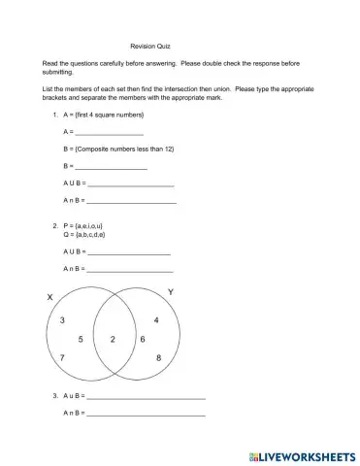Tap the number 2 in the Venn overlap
coord(113,339)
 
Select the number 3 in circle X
coord(63,319)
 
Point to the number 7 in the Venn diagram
coord(63,358)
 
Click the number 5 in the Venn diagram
coord(81,339)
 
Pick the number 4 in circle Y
coord(156,319)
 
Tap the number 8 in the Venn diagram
coord(158,358)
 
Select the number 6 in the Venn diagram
coord(142,339)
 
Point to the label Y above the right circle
coord(171,292)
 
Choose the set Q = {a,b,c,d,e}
coord(84,235)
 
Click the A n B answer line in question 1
coord(131,200)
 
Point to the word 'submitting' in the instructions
coord(63,71)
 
